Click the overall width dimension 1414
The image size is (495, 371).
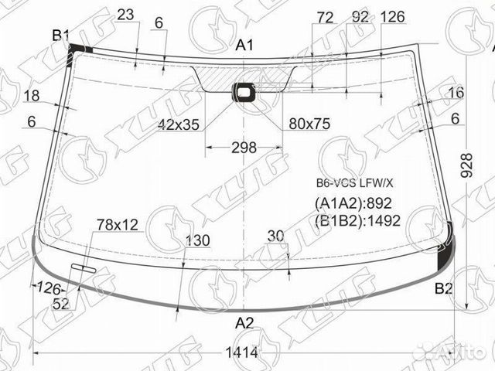[x=242, y=352]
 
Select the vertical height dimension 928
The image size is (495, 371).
[x=466, y=165]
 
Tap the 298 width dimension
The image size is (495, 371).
[x=244, y=148]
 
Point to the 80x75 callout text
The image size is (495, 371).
[x=309, y=124]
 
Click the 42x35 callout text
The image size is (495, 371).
[x=179, y=125]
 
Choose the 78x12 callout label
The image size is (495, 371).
[x=118, y=225]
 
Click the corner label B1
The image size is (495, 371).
[x=60, y=36]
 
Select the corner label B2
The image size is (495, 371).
[x=443, y=288]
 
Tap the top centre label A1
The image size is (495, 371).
[x=244, y=45]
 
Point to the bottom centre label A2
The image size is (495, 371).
[x=244, y=323]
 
